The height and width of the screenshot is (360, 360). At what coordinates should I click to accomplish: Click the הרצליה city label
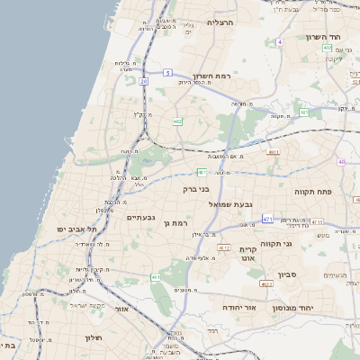coord(220,22)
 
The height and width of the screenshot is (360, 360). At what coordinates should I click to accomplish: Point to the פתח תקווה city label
coord(314,192)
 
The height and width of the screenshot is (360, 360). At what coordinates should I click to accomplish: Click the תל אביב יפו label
coord(77,230)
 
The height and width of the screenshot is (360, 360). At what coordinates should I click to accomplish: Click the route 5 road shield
coord(167,72)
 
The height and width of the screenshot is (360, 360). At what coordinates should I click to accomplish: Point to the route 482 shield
coord(177,121)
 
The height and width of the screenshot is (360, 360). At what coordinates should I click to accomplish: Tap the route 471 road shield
coord(267,219)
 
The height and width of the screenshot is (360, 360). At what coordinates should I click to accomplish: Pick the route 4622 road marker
coord(265,283)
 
